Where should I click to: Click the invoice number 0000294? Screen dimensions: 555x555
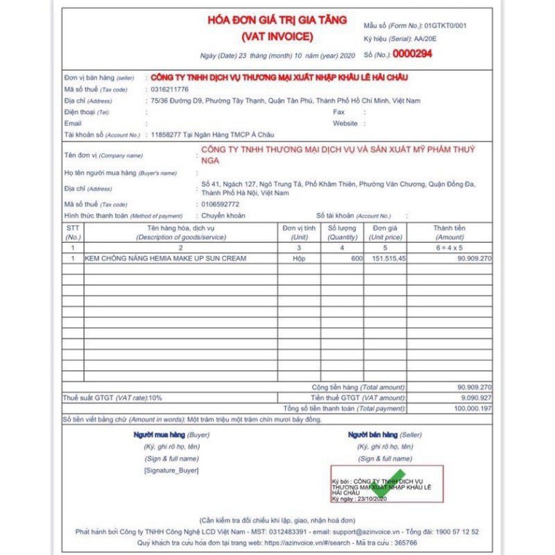tap(413, 53)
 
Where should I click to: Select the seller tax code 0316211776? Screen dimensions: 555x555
tap(170, 89)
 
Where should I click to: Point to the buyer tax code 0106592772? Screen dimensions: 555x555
tap(220, 204)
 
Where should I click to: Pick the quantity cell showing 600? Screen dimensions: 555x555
tap(356, 259)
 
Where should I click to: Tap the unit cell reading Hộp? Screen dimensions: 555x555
tap(299, 259)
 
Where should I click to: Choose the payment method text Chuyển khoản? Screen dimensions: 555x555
tap(223, 216)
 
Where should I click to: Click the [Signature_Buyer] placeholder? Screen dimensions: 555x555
tap(171, 470)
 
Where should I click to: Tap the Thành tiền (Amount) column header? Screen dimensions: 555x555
tap(449, 232)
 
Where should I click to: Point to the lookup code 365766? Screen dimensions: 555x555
tap(403, 543)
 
